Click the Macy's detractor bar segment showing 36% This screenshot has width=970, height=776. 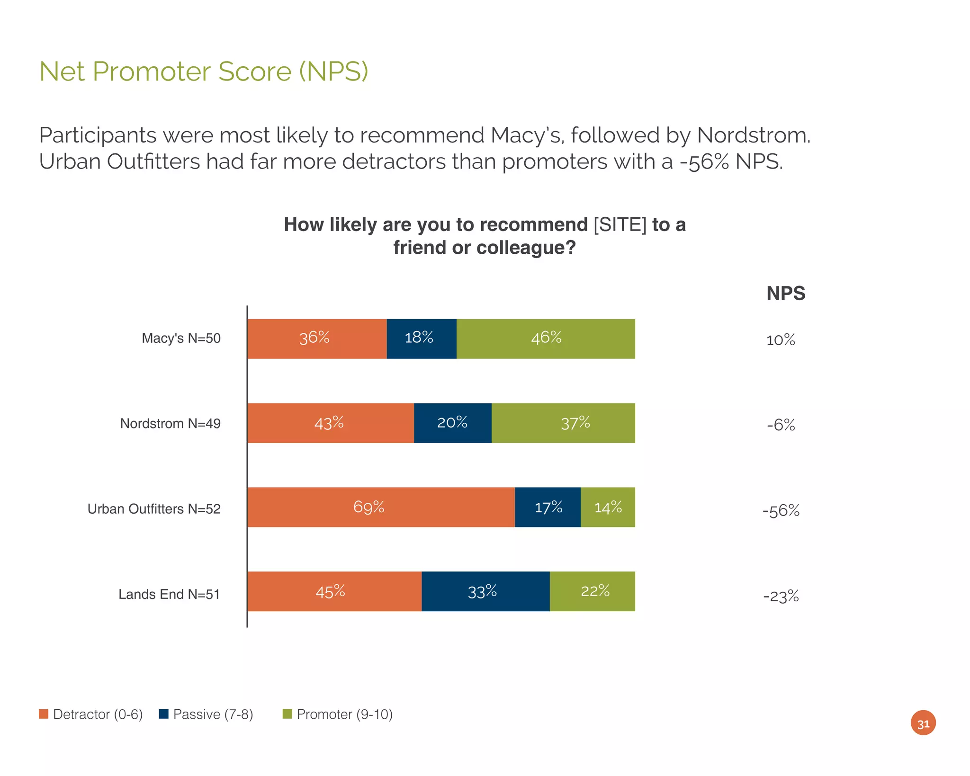pyautogui.click(x=316, y=339)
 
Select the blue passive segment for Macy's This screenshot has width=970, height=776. pyautogui.click(x=421, y=339)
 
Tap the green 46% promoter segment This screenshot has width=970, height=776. pyautogui.click(x=545, y=339)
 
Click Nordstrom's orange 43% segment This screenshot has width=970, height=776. pyautogui.click(x=330, y=423)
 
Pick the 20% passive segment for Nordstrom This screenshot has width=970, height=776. pyautogui.click(x=452, y=423)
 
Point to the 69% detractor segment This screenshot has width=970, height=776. pyautogui.click(x=380, y=507)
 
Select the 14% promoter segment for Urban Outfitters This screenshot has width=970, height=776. pyautogui.click(x=608, y=507)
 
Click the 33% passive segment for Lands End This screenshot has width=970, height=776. pyautogui.click(x=485, y=591)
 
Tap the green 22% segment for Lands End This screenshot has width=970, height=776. pyautogui.click(x=592, y=591)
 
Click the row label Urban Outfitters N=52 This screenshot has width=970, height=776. pyautogui.click(x=154, y=509)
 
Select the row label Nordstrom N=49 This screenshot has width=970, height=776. pyautogui.click(x=170, y=423)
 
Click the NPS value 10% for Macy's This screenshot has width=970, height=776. pyautogui.click(x=781, y=340)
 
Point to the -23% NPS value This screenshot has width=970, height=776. pyautogui.click(x=781, y=596)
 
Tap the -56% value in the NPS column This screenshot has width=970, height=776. pyautogui.click(x=781, y=511)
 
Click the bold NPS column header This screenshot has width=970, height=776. pyautogui.click(x=785, y=294)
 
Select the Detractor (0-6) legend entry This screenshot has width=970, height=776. pyautogui.click(x=91, y=714)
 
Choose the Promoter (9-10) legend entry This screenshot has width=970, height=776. pyautogui.click(x=338, y=714)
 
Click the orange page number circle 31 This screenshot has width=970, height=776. pyautogui.click(x=923, y=722)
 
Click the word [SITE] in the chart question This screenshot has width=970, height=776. pyautogui.click(x=620, y=225)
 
